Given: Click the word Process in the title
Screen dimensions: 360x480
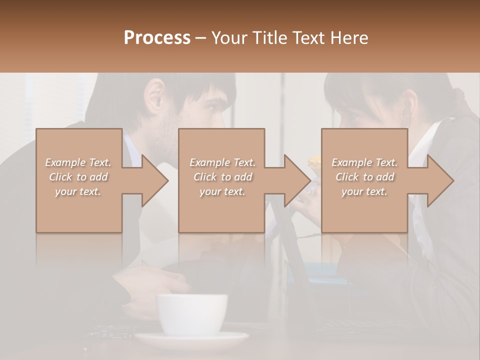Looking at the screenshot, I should coord(157,38).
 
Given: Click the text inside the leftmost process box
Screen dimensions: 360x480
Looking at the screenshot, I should coord(78,177).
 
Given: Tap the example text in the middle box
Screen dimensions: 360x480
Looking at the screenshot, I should coord(222,177).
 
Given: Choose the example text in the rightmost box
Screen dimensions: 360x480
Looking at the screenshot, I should coord(364,177).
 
